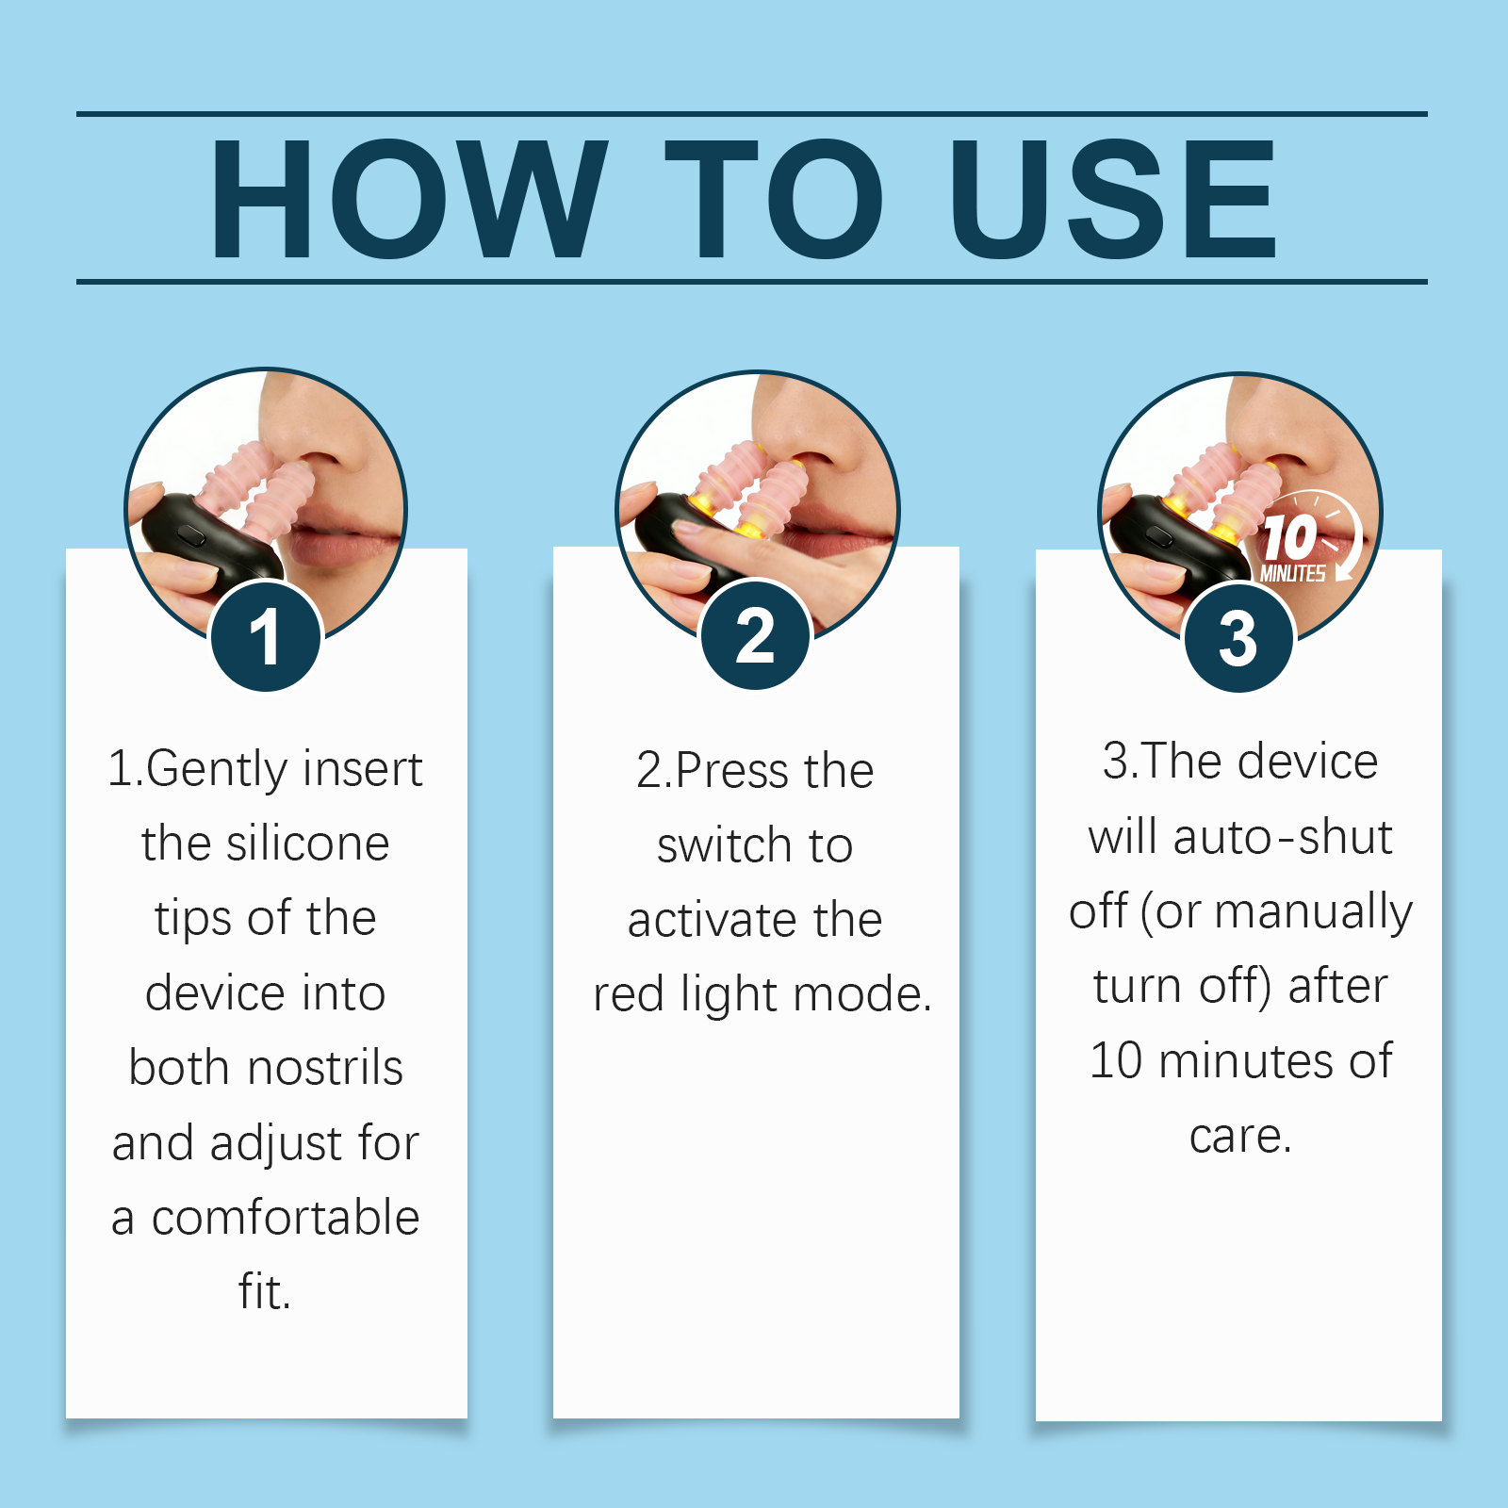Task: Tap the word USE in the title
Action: [1114, 199]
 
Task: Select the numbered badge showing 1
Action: [266, 636]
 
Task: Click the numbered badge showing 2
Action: [755, 634]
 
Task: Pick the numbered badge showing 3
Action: [1238, 638]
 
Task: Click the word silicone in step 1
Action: [308, 843]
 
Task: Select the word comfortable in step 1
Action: [286, 1217]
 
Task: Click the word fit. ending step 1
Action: [265, 1291]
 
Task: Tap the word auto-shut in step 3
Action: [1283, 836]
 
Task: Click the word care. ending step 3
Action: [1240, 1137]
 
